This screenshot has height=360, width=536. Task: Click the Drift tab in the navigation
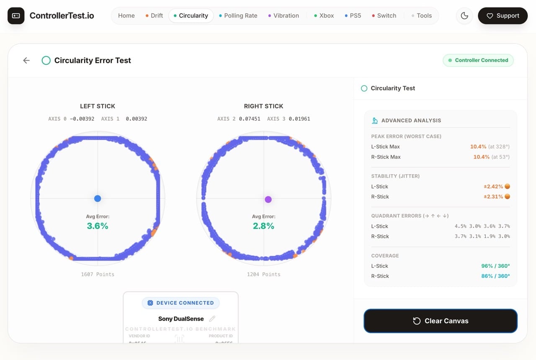pos(154,15)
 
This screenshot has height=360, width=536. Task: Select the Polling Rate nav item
pos(238,15)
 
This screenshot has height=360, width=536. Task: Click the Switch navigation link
pos(384,15)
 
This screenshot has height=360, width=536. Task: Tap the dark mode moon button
pos(464,15)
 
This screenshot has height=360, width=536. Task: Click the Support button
pos(502,15)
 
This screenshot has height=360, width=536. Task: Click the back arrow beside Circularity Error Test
pos(26,60)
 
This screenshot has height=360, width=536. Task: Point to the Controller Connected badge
pos(478,60)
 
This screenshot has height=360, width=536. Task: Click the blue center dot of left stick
pos(98,198)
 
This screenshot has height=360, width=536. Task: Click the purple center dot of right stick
pos(268,199)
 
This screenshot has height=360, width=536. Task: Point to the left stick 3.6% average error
pos(98,226)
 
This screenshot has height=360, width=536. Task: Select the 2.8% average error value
pos(263,226)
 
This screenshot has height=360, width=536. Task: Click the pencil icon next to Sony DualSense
pos(212,319)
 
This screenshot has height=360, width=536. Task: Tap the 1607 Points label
pos(98,274)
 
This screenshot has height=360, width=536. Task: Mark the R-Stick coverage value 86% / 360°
pos(495,276)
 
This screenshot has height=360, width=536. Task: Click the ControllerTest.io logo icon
pos(16,16)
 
